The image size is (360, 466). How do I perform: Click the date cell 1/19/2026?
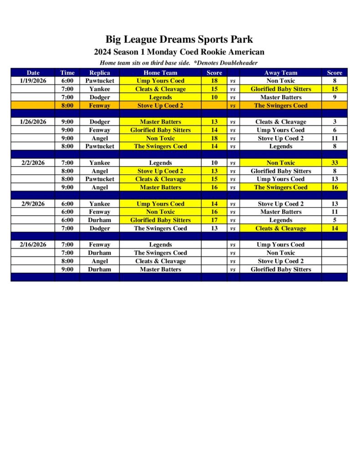[x=33, y=81]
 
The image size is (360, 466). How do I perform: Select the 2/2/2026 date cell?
[x=33, y=163]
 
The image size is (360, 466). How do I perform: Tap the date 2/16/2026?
[x=33, y=245]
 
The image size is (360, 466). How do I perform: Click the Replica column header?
[x=100, y=73]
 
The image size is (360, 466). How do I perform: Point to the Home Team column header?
[x=160, y=73]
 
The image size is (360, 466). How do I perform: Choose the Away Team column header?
[x=281, y=73]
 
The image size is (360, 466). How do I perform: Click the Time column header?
[x=67, y=73]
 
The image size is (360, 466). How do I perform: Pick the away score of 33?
[x=335, y=163]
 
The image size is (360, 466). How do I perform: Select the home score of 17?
[x=214, y=220]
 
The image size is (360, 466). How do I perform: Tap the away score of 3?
[x=335, y=122]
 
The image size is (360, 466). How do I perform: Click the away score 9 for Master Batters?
[x=335, y=97]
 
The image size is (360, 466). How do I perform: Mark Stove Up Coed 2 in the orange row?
[x=160, y=106]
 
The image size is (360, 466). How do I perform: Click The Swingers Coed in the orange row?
[x=281, y=106]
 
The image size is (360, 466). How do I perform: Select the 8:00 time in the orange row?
[x=67, y=106]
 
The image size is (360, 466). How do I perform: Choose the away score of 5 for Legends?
[x=335, y=220]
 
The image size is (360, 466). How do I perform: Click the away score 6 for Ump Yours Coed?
[x=335, y=130]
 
